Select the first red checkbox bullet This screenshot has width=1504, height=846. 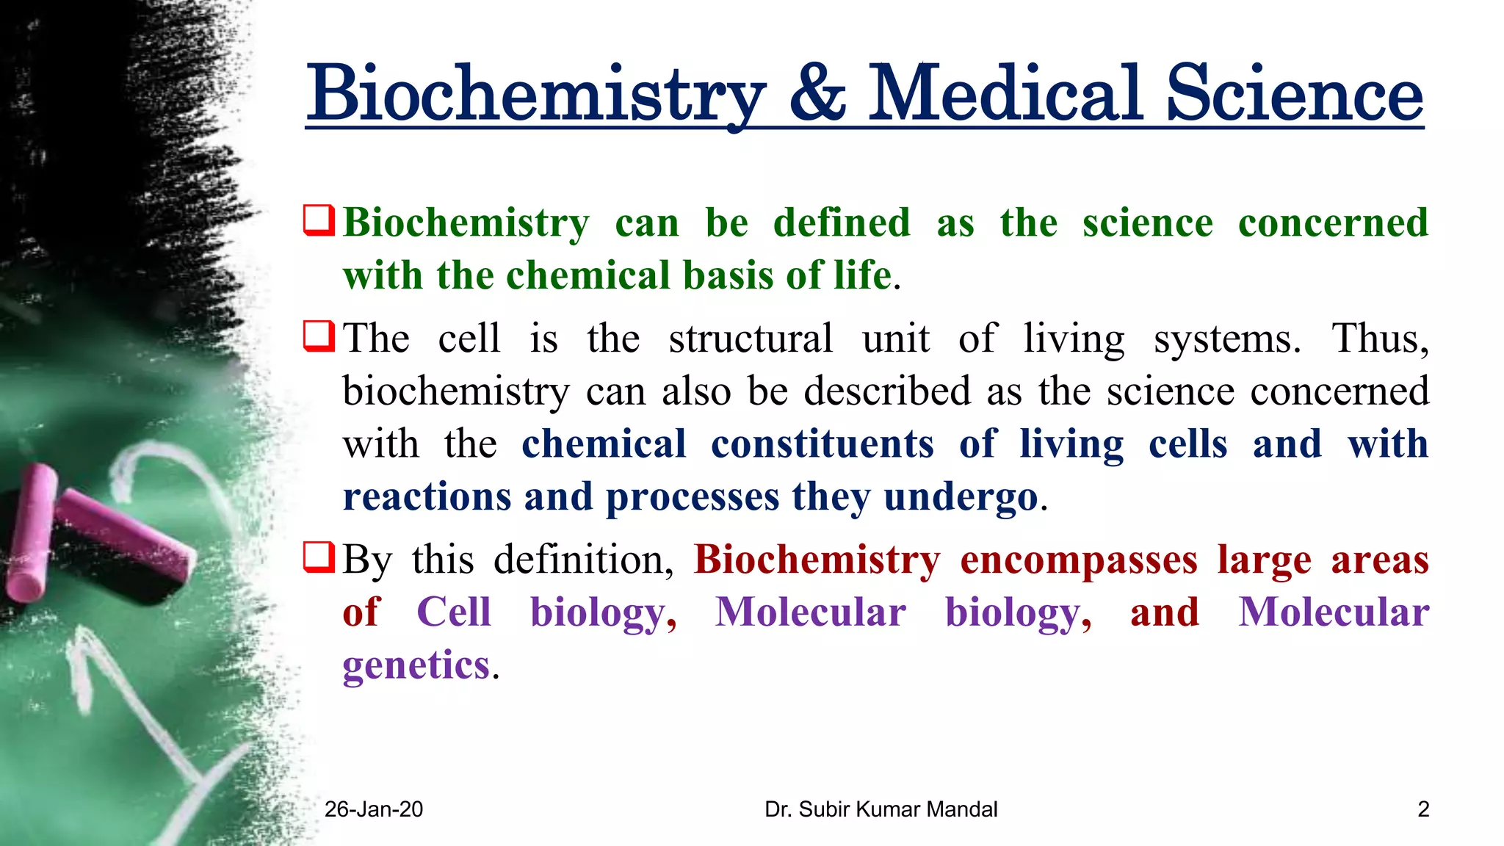319,220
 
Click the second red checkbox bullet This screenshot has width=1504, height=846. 319,336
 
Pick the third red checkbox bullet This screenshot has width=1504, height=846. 319,557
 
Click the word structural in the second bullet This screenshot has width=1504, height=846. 751,339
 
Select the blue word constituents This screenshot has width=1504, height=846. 822,444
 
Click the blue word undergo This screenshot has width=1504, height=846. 961,498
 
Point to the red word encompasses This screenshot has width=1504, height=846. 1078,560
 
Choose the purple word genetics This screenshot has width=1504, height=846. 416,665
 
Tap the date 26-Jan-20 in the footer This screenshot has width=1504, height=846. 374,809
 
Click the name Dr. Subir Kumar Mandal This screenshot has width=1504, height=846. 881,809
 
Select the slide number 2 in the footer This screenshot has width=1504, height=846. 1423,809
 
